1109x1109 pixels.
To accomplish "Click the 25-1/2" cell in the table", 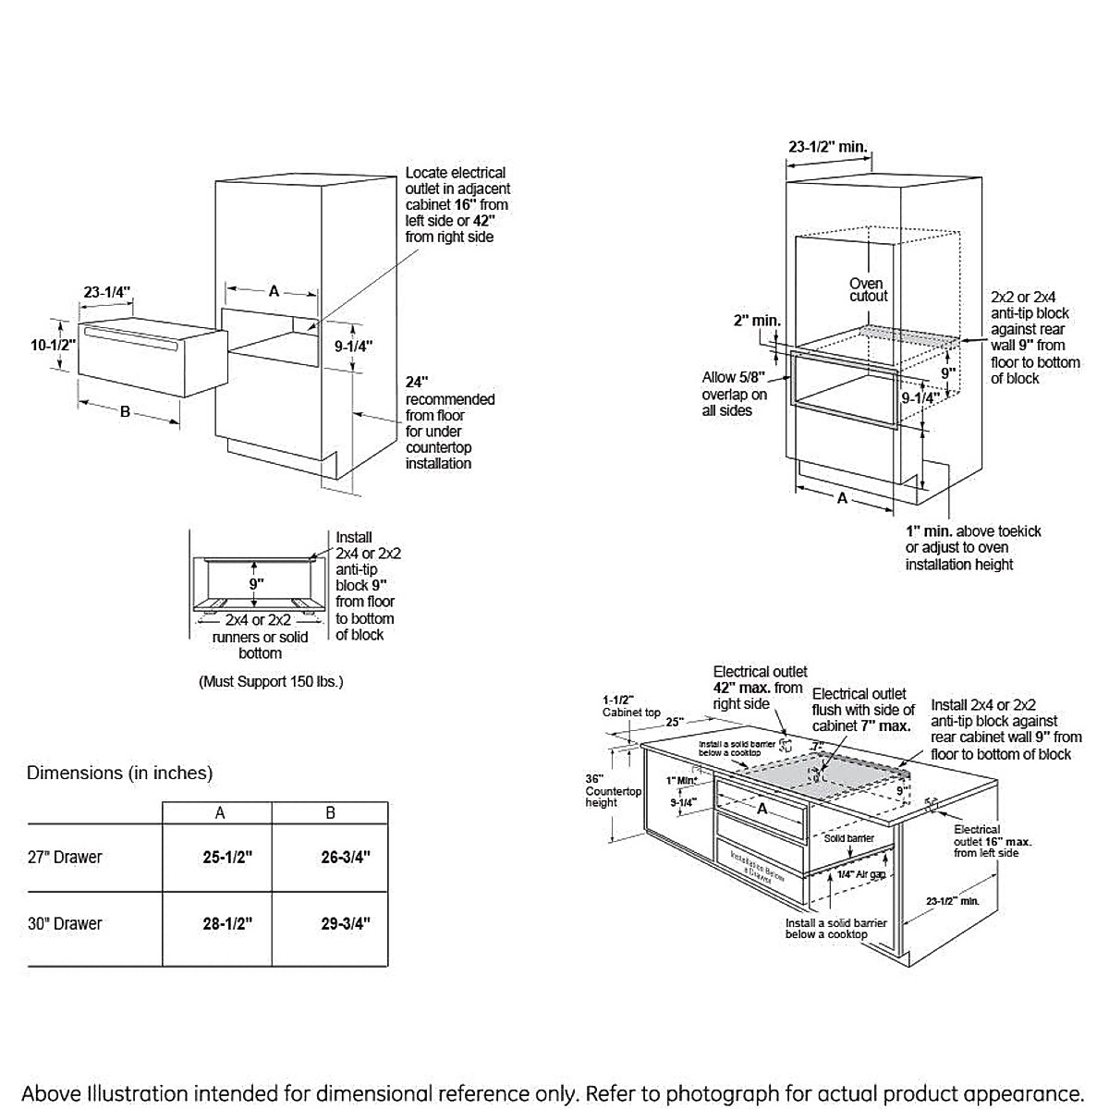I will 227,857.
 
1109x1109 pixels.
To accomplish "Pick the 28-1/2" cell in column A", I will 227,923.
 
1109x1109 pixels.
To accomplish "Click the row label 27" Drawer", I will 65,857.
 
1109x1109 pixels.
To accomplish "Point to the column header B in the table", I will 330,813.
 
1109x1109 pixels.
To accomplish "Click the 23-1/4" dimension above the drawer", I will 107,292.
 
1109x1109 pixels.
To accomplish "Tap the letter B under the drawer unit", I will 126,412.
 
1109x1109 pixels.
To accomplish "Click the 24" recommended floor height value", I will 417,382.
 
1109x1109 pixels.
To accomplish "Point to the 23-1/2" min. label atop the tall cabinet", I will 827,146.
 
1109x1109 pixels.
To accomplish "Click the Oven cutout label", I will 868,289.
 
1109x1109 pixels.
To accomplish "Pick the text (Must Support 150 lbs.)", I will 271,682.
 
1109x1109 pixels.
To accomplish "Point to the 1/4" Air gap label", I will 860,873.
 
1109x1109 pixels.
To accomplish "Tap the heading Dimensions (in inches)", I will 119,772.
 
